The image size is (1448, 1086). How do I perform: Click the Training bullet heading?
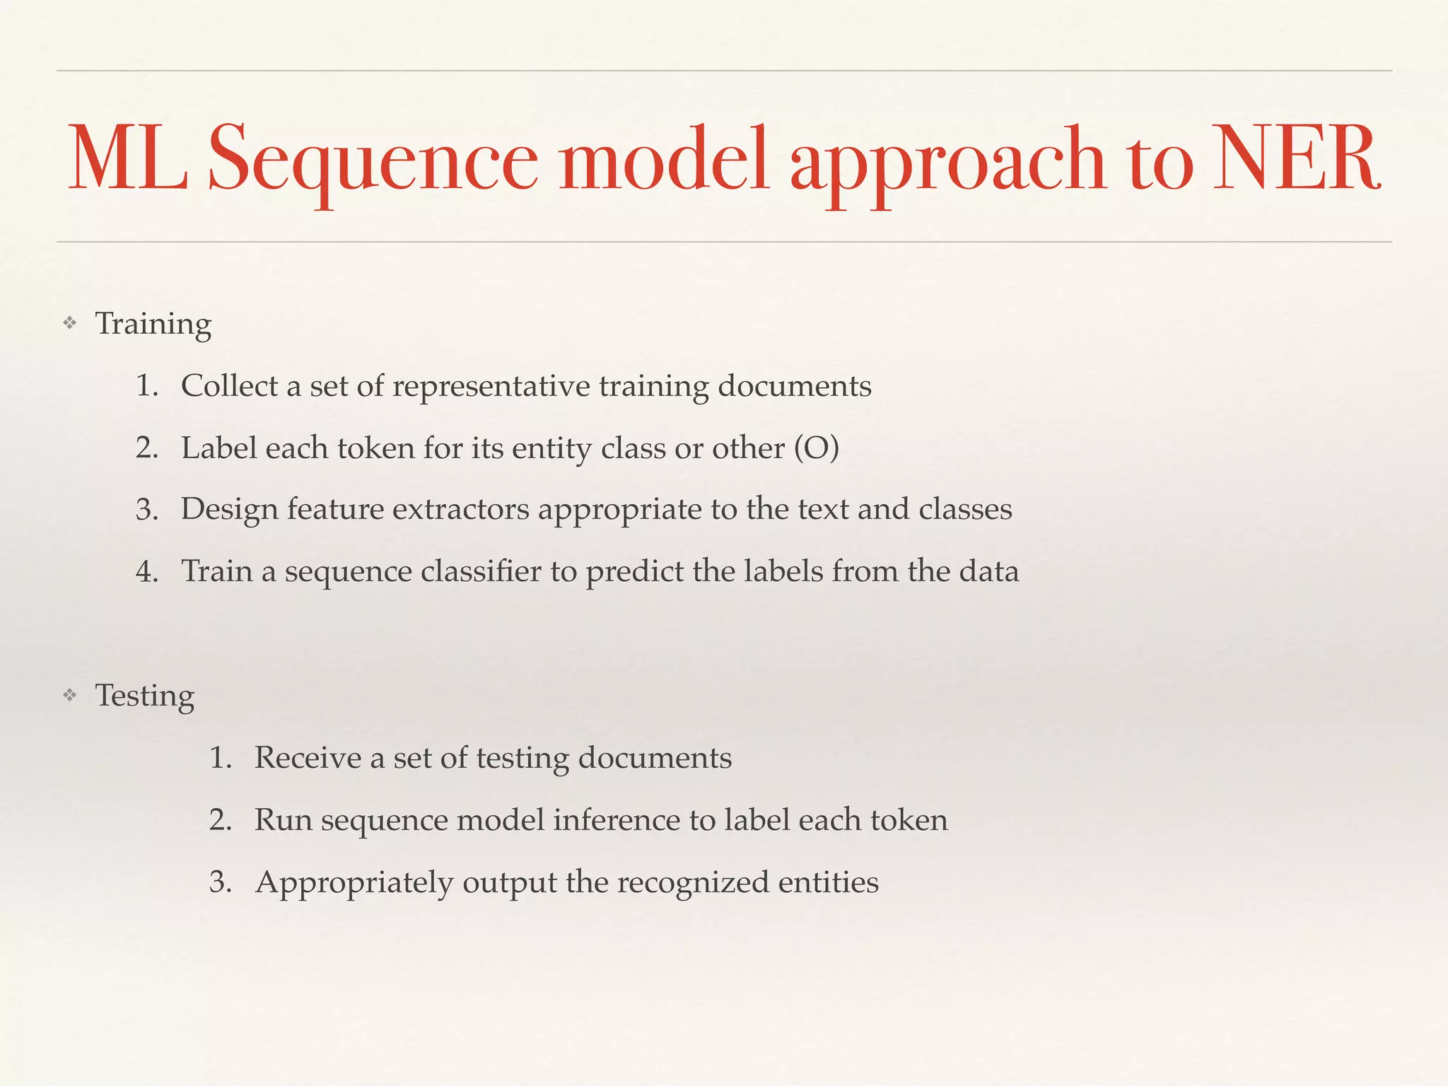coord(153,325)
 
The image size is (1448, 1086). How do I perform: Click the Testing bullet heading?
coord(145,696)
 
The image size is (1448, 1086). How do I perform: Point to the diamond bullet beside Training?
coord(69,325)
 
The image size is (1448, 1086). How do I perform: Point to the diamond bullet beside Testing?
coord(69,696)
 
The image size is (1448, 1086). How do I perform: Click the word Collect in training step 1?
coord(229,386)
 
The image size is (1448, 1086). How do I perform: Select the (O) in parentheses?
coord(817,448)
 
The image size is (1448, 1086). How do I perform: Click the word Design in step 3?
coord(229,510)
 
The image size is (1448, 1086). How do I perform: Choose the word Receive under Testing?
coord(308,758)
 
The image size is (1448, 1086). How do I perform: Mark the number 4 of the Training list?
coord(145,572)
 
